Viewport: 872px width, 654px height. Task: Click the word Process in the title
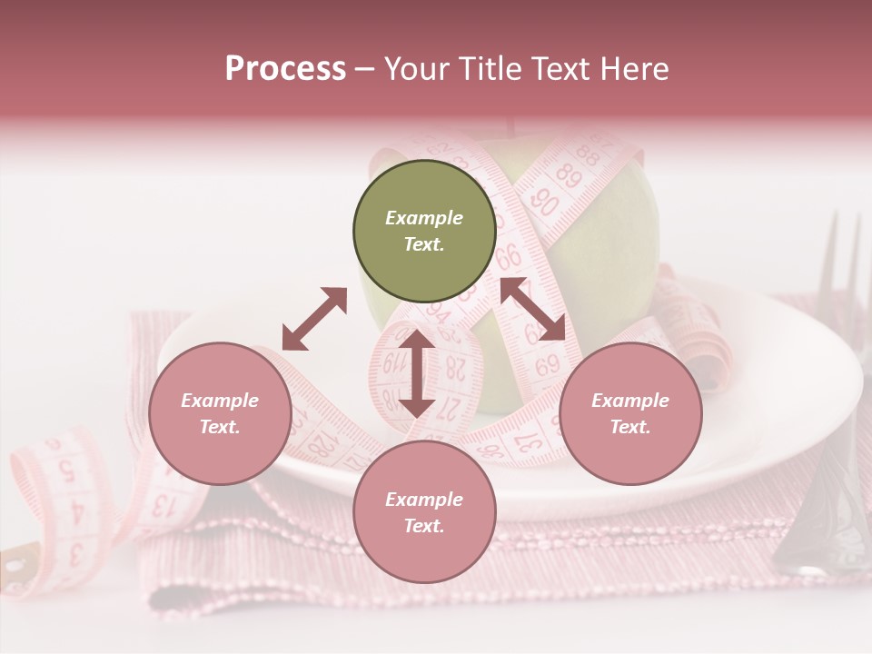pos(285,68)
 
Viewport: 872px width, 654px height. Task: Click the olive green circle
pos(424,231)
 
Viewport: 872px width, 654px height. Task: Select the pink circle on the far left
pos(220,413)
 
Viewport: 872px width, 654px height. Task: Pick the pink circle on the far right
pos(630,413)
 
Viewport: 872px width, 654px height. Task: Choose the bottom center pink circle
pos(424,512)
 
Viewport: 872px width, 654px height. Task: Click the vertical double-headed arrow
pos(417,373)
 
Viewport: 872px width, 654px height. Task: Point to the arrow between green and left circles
pos(314,319)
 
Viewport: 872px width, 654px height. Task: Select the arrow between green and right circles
pos(532,309)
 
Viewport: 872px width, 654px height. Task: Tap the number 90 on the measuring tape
pos(543,201)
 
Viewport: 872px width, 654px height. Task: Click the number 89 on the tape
pos(569,172)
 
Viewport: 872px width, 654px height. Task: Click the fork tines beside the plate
pos(840,263)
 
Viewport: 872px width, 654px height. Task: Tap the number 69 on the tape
pos(547,366)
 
